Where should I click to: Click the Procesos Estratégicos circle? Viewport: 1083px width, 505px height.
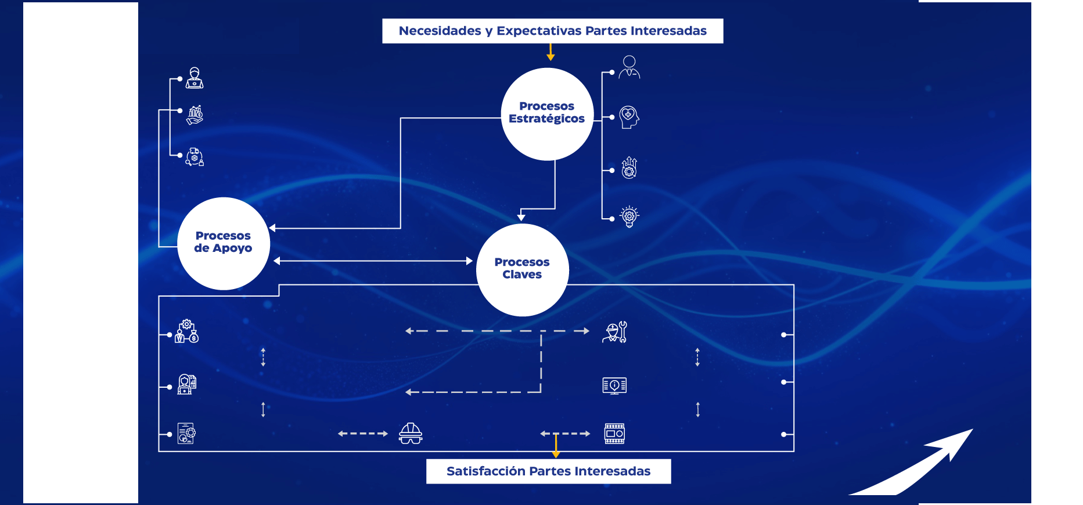click(547, 114)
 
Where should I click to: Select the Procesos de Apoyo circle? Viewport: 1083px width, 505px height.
click(224, 243)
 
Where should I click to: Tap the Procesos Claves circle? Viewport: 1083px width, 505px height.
click(522, 269)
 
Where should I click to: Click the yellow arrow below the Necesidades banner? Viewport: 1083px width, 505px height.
click(551, 53)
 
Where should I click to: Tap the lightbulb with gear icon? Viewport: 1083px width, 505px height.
click(629, 217)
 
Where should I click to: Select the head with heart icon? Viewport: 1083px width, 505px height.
click(629, 117)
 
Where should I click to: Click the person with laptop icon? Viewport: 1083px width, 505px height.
click(195, 78)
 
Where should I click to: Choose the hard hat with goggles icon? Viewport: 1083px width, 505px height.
click(411, 434)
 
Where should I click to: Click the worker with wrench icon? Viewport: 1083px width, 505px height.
click(615, 332)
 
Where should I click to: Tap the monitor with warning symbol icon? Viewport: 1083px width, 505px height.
click(614, 385)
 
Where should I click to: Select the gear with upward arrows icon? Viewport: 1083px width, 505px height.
click(629, 168)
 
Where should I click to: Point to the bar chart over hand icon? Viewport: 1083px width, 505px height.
click(195, 114)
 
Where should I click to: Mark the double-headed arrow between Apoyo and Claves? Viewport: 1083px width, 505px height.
click(373, 261)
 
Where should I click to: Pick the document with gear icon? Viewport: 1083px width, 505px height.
click(186, 434)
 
